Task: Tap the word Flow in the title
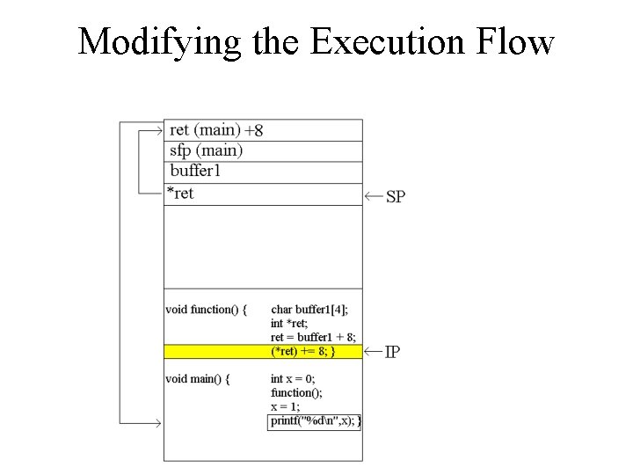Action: (514, 42)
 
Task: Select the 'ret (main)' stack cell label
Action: (204, 130)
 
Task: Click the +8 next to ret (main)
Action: (253, 131)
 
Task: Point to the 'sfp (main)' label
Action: (206, 150)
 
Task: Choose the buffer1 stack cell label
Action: (195, 171)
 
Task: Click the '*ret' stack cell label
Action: (180, 193)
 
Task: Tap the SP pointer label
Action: (396, 196)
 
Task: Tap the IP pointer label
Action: (393, 352)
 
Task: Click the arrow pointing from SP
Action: (373, 195)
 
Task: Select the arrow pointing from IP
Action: (373, 352)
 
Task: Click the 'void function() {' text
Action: (206, 310)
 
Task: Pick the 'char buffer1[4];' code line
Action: (309, 310)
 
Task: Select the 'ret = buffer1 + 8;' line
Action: (313, 338)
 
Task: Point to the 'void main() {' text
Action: (198, 379)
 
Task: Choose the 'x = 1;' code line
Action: (285, 406)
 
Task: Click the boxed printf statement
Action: (315, 421)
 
